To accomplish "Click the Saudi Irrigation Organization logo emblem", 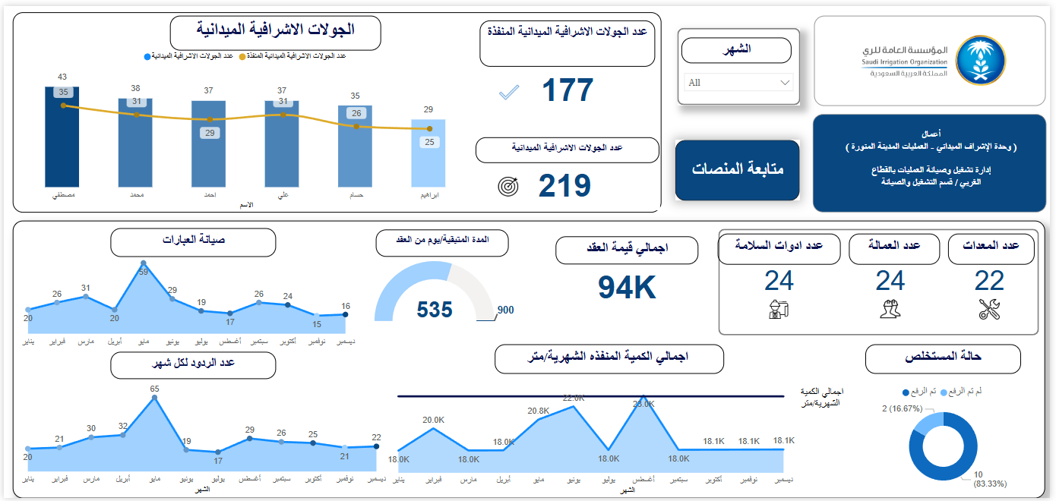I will pyautogui.click(x=979, y=60).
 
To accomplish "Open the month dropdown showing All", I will pyautogui.click(x=738, y=82).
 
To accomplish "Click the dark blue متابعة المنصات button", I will pyautogui.click(x=737, y=170).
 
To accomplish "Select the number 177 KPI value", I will pyautogui.click(x=568, y=90).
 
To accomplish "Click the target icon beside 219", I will pyautogui.click(x=508, y=186).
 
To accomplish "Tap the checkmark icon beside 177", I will pyautogui.click(x=508, y=93).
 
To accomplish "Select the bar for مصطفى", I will pyautogui.click(x=62, y=137).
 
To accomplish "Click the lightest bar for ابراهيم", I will pyautogui.click(x=428, y=153).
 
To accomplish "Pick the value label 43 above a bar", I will pyautogui.click(x=62, y=77).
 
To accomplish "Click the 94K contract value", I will pyautogui.click(x=626, y=288).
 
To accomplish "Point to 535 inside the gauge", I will pyautogui.click(x=435, y=310).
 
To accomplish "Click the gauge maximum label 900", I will pyautogui.click(x=505, y=310).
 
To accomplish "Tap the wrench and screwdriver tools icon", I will pyautogui.click(x=989, y=309).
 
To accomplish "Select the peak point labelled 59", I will pyautogui.click(x=144, y=263).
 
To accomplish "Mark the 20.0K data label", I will pyautogui.click(x=433, y=420).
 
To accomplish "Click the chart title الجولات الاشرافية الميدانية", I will pyautogui.click(x=275, y=30).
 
